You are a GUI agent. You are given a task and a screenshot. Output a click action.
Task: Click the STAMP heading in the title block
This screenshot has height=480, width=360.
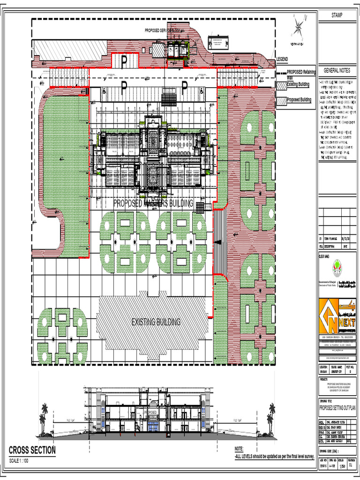coord(337,15)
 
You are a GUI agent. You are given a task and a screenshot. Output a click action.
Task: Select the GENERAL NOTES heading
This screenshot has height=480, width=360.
coord(337,70)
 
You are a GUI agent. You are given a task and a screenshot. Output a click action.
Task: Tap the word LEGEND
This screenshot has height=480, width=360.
coord(282,59)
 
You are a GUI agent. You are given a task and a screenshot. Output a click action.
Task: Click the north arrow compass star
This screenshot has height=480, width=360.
coord(299,27)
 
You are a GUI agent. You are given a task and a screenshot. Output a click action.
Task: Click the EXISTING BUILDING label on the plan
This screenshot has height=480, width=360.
coord(156,322)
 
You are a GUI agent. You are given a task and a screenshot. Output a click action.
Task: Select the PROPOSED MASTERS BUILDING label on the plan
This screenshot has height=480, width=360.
coord(153,203)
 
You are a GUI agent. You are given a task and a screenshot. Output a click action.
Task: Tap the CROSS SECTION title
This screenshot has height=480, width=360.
coord(32,450)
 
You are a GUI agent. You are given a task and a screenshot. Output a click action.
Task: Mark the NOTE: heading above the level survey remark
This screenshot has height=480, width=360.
coord(239,449)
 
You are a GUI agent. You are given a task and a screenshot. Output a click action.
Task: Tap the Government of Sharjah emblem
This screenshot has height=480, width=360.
coord(336,270)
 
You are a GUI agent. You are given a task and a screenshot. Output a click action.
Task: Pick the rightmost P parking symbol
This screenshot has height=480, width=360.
coord(185,86)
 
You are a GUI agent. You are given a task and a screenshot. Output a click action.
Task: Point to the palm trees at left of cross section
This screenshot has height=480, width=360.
coord(44,418)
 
